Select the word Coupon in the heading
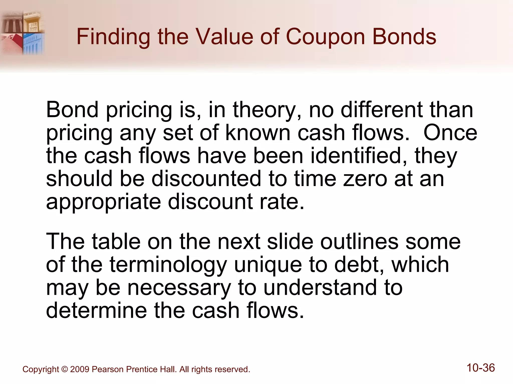(325, 37)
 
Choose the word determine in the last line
(96, 310)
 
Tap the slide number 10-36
(481, 368)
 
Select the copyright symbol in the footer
(65, 369)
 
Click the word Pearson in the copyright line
(108, 369)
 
